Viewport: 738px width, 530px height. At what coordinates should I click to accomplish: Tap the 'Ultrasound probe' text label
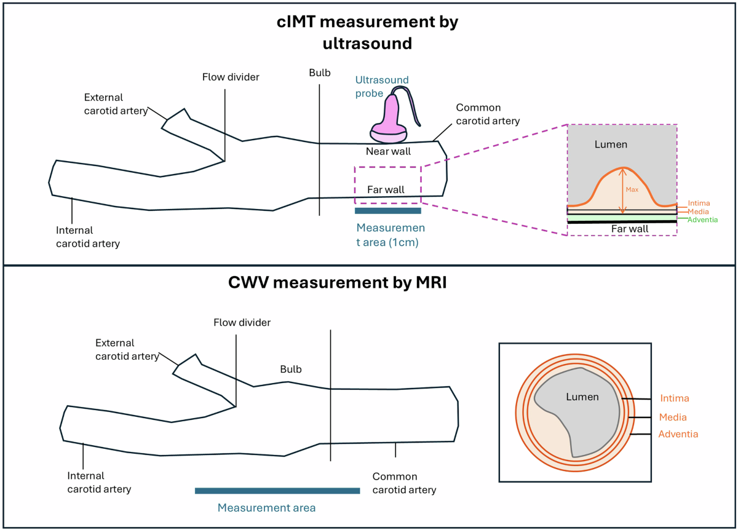click(382, 87)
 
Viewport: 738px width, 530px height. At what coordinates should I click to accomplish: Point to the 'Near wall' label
click(388, 151)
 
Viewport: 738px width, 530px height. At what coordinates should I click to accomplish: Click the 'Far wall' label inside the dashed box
click(386, 189)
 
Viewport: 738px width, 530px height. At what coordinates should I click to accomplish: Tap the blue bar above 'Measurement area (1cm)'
click(388, 211)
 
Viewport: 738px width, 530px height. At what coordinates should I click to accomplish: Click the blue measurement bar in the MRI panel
click(277, 491)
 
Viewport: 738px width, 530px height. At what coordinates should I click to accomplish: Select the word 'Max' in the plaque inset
click(632, 189)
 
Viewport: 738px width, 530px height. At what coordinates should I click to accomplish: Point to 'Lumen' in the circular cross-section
click(582, 397)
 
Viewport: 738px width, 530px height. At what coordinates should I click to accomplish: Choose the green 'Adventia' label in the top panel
click(702, 220)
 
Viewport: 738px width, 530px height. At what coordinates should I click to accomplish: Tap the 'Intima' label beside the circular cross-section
click(674, 398)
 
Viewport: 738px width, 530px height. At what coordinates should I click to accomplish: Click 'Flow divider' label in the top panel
click(231, 77)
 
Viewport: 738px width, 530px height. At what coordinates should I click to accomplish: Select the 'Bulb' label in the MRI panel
click(291, 369)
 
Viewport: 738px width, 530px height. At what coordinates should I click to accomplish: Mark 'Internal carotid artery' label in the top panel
click(88, 237)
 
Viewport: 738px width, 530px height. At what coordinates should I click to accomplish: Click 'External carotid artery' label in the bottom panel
click(122, 350)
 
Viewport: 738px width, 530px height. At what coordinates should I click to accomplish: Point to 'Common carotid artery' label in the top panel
click(488, 114)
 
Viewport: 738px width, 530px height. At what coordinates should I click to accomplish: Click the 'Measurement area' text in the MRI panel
click(266, 508)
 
